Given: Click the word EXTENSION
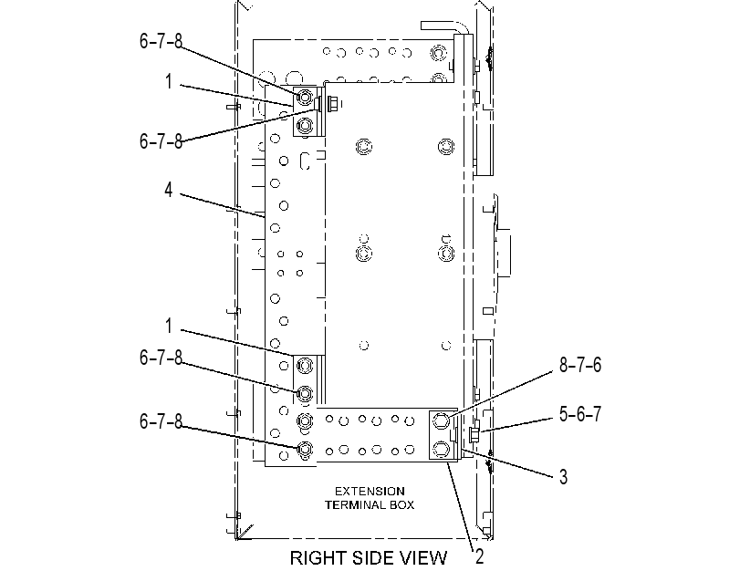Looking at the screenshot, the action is (370, 492).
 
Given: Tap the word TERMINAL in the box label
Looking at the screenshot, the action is (355, 505).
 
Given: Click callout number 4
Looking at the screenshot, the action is (169, 190).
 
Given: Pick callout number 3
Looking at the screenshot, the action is (563, 477).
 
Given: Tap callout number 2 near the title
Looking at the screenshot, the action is (479, 556).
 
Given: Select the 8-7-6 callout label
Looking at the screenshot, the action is (580, 365).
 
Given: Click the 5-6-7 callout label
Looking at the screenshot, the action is (580, 414).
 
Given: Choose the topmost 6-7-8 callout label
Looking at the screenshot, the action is (161, 41).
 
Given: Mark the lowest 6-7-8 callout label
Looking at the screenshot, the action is (161, 421).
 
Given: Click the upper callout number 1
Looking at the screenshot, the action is (169, 82).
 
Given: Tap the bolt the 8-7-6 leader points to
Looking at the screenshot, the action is (441, 420).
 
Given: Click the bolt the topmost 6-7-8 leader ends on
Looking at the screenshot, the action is (305, 98).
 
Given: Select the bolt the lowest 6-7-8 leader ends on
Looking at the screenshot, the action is (305, 449).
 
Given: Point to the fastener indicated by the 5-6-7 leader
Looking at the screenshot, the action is (474, 432).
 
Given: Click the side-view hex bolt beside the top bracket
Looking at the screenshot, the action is (331, 104).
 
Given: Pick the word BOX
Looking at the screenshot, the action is (401, 505).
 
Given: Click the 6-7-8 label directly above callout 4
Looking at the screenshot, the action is (161, 141).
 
